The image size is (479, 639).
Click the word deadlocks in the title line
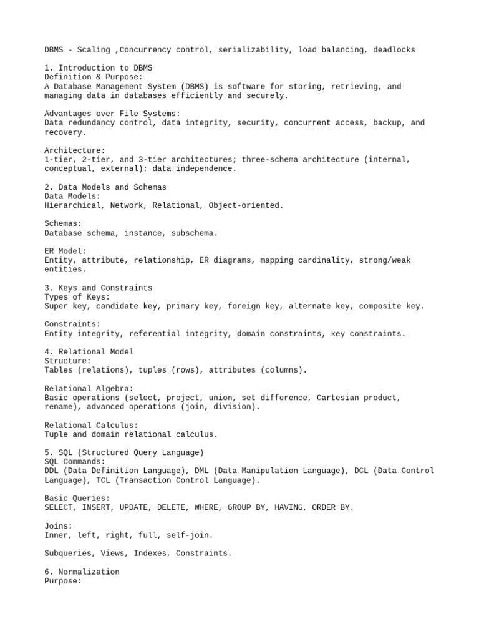click(x=392, y=49)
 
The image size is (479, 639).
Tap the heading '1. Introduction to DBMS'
click(x=99, y=67)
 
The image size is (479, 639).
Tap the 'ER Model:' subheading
click(x=65, y=251)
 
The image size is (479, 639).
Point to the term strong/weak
click(x=385, y=260)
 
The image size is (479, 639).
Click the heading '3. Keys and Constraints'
click(x=99, y=288)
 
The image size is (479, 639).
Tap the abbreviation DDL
click(x=52, y=471)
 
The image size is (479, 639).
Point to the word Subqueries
click(x=68, y=553)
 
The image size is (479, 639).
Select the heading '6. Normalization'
click(x=82, y=572)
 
